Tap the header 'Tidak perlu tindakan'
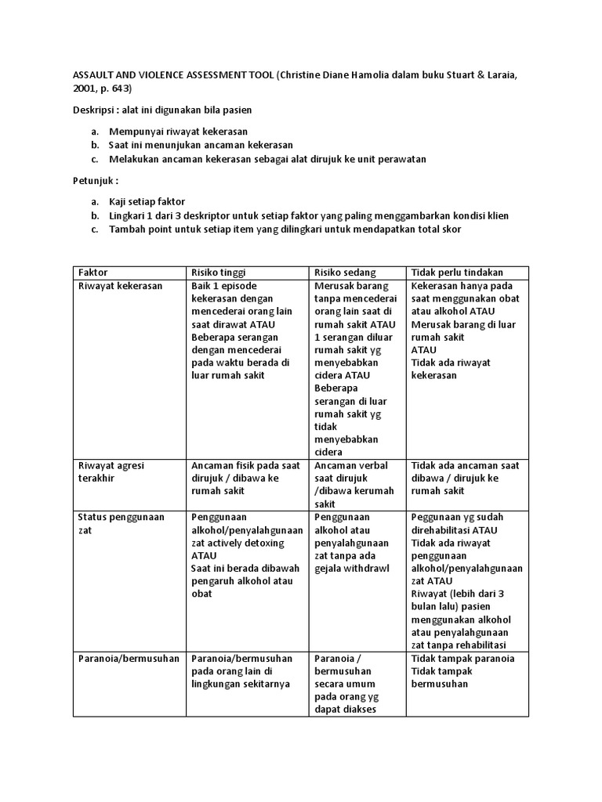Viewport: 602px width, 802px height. click(456, 273)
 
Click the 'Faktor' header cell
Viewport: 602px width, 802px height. click(92, 273)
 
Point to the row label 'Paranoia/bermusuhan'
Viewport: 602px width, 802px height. click(127, 659)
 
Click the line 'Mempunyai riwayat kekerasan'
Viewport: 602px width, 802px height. click(178, 132)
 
